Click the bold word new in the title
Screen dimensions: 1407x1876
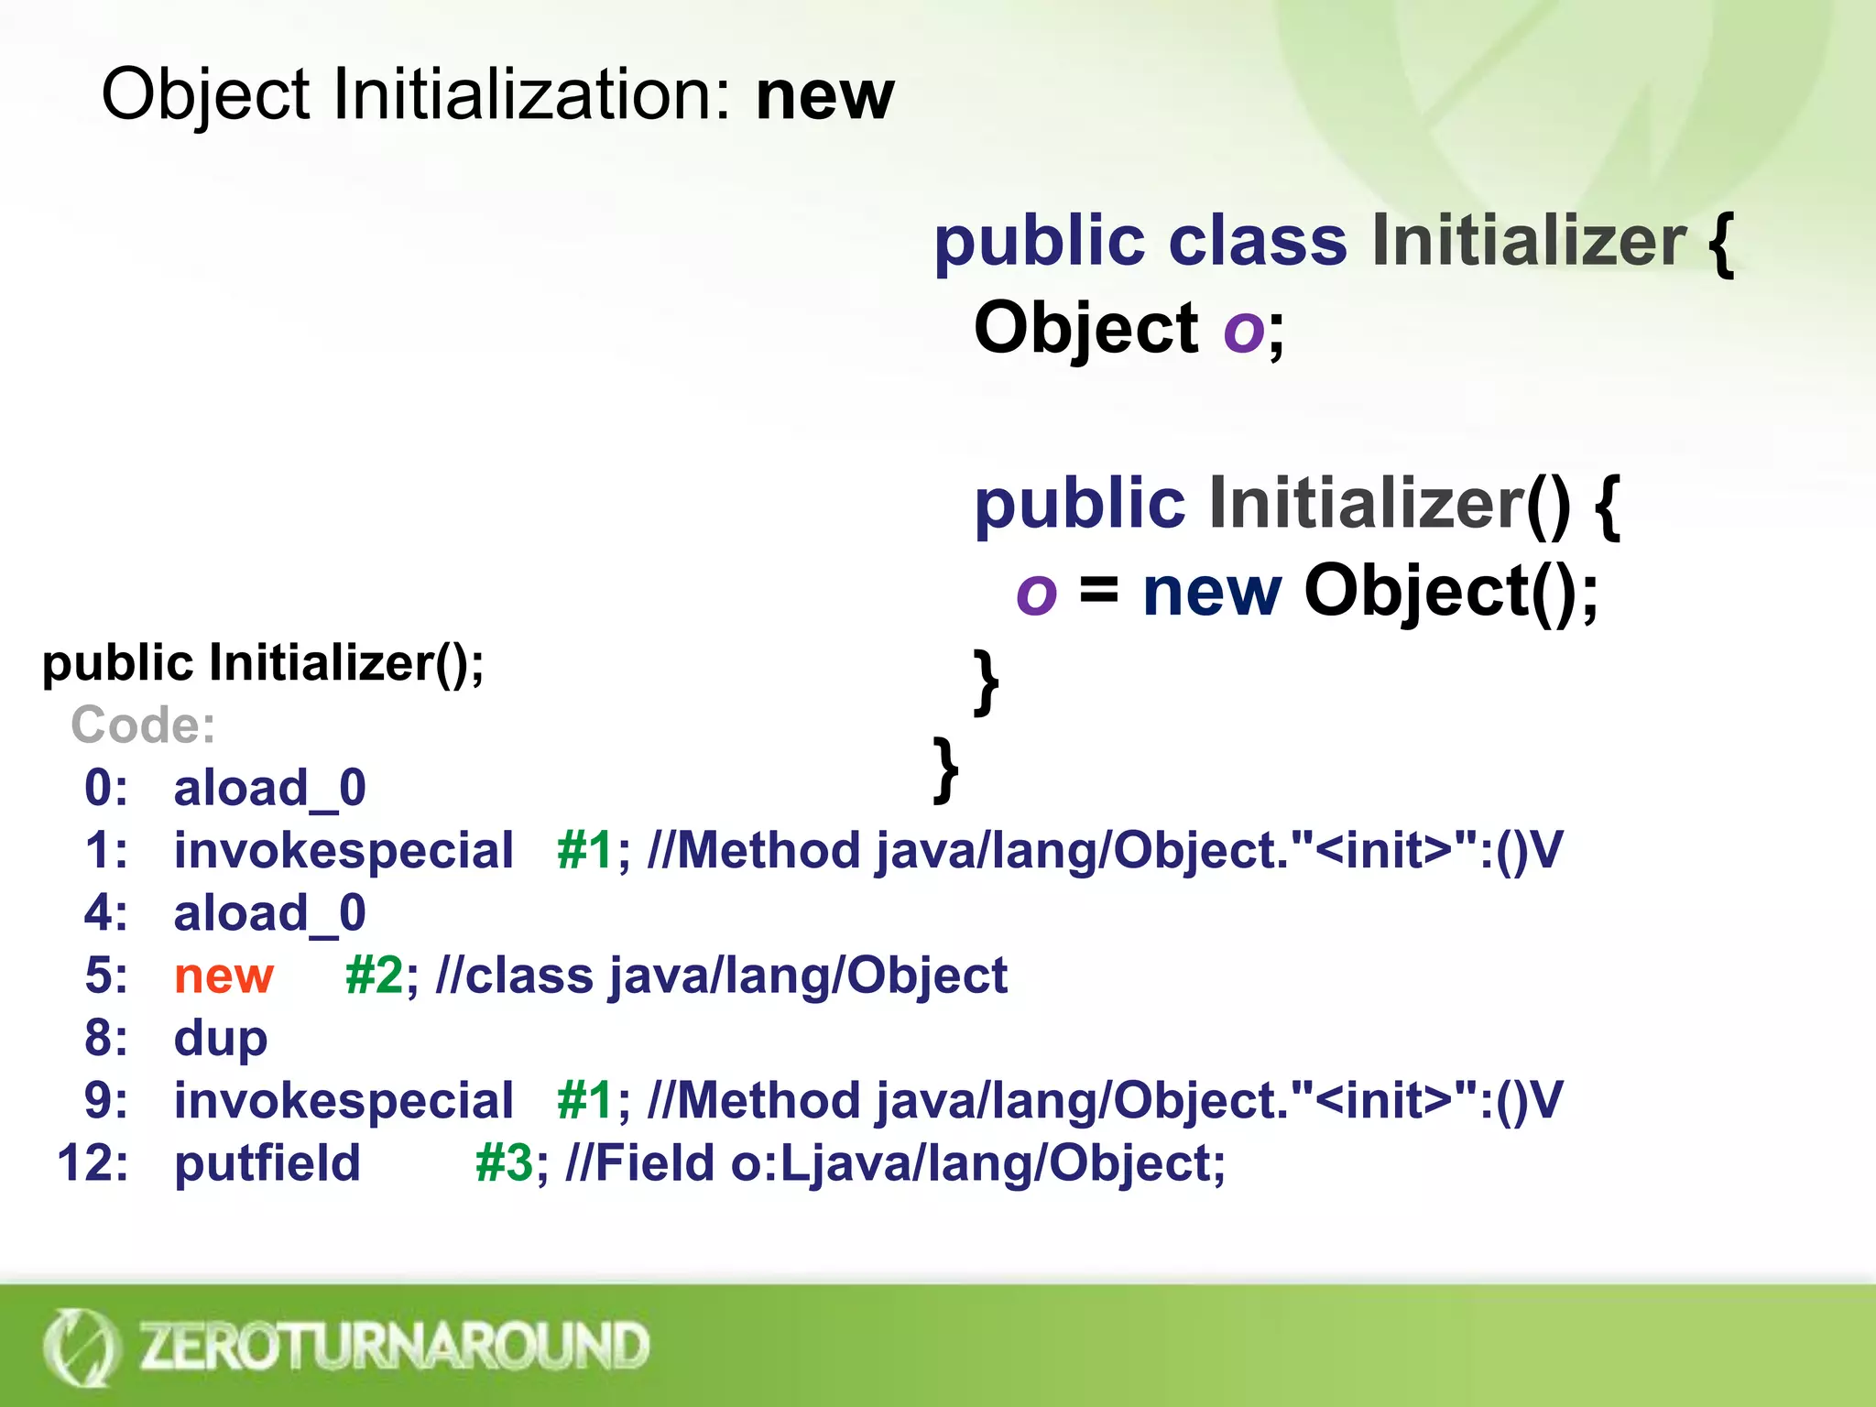click(824, 96)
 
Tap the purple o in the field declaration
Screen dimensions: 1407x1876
click(1244, 329)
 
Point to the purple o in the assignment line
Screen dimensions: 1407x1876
click(1036, 593)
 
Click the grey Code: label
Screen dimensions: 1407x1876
click(143, 725)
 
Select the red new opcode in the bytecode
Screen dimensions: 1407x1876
click(224, 975)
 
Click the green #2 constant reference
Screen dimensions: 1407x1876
click(374, 975)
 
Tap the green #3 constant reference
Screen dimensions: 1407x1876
click(504, 1163)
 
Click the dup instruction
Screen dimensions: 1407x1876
click(221, 1039)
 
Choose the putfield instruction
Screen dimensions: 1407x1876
click(267, 1163)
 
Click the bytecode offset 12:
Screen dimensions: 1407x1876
click(93, 1163)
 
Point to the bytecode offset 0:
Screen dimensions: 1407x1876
click(106, 788)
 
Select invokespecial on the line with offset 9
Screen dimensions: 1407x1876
click(344, 1100)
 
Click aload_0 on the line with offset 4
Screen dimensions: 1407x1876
click(270, 913)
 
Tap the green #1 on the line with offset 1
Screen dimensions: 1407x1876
click(585, 850)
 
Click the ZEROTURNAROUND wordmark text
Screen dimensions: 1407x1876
click(394, 1347)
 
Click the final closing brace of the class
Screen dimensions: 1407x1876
click(945, 769)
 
